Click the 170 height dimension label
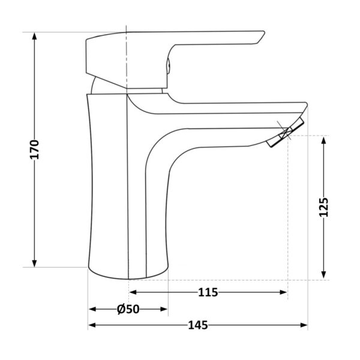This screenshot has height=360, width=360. tap(35, 149)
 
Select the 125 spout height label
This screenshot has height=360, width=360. tap(324, 207)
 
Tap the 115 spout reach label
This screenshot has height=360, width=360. tap(208, 293)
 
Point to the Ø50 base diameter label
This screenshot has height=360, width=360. tap(128, 309)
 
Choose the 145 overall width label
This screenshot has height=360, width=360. tap(198, 325)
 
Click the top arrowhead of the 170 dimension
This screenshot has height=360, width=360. tap(34, 36)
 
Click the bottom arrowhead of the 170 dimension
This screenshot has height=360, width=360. tap(34, 263)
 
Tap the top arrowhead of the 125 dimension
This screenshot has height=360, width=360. tap(324, 140)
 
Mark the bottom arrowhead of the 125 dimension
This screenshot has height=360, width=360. tap(324, 274)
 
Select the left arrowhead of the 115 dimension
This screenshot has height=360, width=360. tap(133, 292)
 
